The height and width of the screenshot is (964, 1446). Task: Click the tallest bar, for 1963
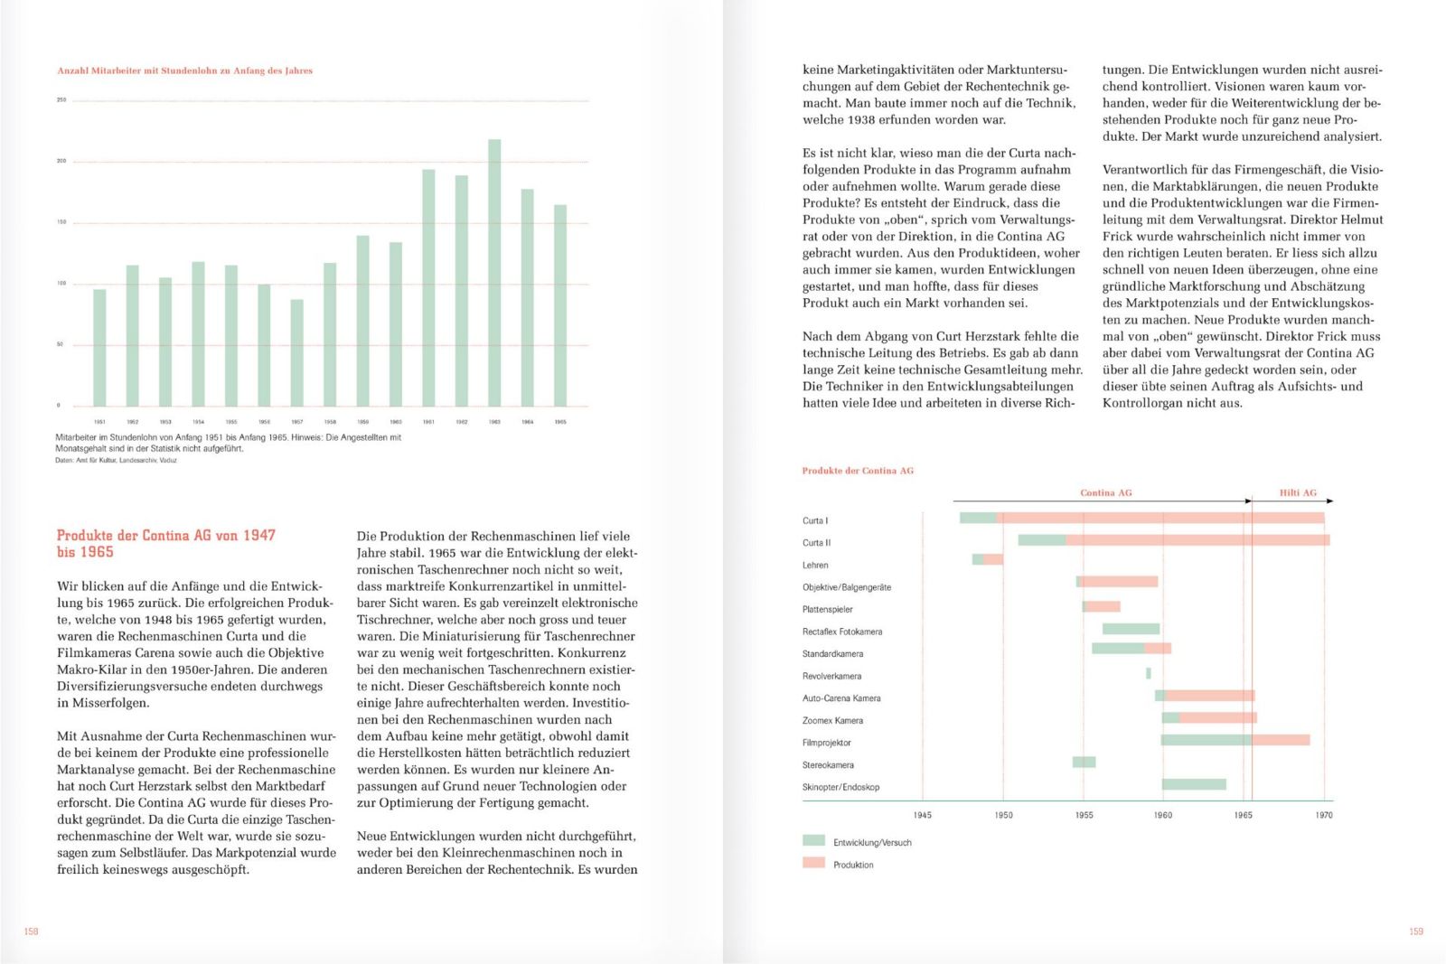tap(494, 273)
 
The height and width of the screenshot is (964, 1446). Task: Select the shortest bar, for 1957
tap(297, 352)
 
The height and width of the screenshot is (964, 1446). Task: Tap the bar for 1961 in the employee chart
tap(428, 287)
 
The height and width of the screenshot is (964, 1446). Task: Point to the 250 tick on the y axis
tap(61, 100)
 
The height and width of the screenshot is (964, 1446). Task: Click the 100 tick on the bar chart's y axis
tap(61, 284)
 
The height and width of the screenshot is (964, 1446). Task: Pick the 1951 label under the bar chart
tap(99, 422)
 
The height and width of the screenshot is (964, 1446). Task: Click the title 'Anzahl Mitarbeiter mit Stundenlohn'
tap(184, 70)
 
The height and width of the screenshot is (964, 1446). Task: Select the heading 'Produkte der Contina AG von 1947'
tap(165, 536)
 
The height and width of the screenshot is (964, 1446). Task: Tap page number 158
tap(32, 931)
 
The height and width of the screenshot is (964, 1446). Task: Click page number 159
tap(1416, 931)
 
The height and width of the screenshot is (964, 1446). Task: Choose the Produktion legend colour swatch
tap(813, 864)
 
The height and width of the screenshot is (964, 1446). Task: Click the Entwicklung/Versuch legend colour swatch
tap(813, 841)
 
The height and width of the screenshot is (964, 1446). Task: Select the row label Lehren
tap(815, 566)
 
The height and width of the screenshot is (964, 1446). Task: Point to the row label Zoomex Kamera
tap(832, 721)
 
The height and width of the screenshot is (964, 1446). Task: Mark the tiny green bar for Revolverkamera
tap(1149, 673)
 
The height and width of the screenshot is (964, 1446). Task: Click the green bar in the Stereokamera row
tap(1084, 763)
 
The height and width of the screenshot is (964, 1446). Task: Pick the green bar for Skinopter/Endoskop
tap(1194, 784)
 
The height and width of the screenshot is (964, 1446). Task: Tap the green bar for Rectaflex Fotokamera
tap(1131, 629)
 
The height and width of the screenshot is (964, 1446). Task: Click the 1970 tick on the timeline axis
tap(1324, 815)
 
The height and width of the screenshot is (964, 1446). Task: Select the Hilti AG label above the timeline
tap(1298, 492)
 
